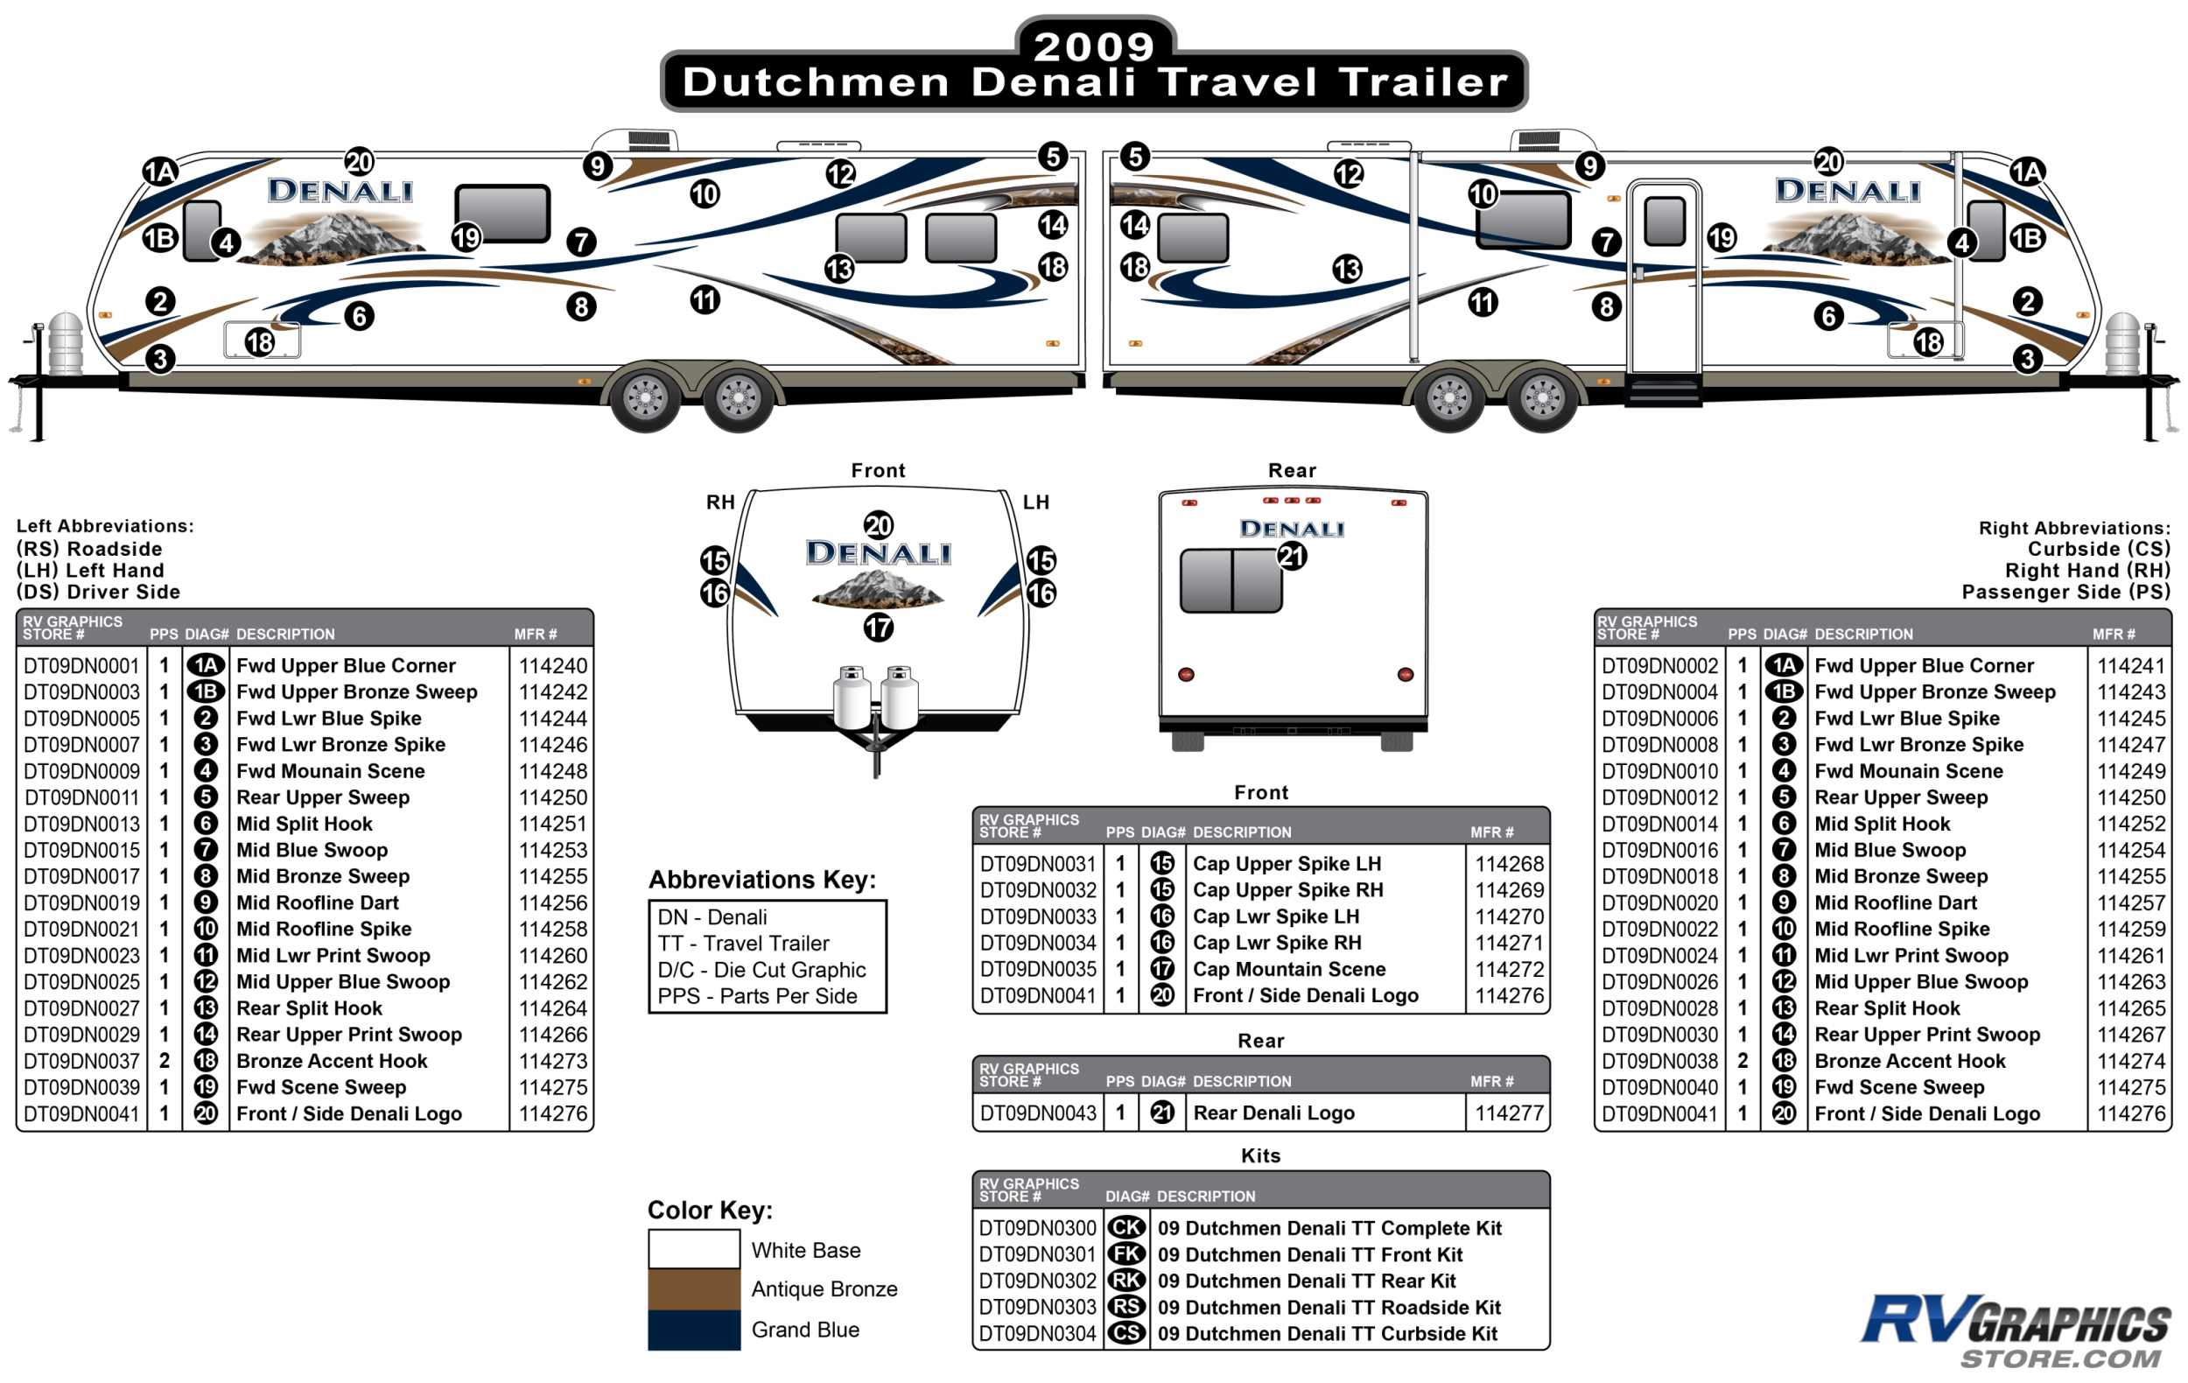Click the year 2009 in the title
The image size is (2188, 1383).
point(1093,46)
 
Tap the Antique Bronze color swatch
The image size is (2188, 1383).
point(693,1288)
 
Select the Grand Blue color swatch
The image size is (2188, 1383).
point(693,1330)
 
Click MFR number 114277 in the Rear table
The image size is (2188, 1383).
point(1508,1113)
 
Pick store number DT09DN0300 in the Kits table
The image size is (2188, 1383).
point(1038,1229)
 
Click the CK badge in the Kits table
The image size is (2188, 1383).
point(1126,1227)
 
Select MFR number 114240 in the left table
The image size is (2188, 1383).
point(552,666)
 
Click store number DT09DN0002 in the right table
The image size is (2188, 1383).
point(1659,666)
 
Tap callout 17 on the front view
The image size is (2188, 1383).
point(878,627)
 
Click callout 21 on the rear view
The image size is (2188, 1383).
point(1291,556)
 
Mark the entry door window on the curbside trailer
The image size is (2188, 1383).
point(1665,221)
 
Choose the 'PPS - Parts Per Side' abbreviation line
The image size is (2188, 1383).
point(757,997)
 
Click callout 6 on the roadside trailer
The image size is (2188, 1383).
point(359,316)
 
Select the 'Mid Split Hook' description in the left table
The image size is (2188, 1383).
point(305,825)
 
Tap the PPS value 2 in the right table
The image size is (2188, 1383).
point(1742,1062)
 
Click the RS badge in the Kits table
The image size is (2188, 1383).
point(1126,1307)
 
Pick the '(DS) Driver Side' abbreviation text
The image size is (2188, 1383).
point(98,593)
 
